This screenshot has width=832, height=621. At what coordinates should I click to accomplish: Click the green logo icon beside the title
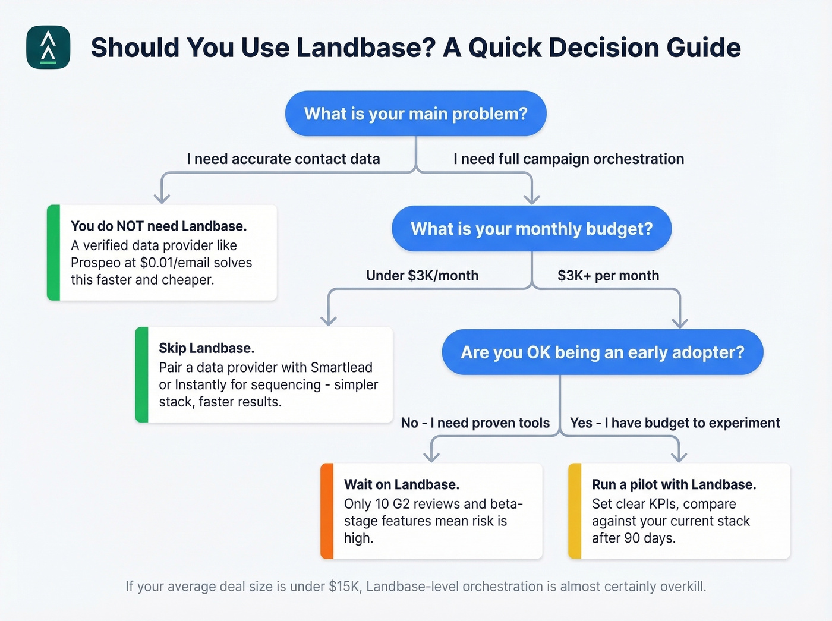pos(48,48)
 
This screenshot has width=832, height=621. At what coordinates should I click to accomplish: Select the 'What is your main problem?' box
pos(415,114)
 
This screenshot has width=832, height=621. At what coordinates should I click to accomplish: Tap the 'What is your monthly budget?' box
pos(531,229)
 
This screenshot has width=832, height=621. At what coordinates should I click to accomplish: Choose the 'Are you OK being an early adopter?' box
pos(602,352)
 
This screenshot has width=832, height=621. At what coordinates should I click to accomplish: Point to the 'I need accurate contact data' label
pos(283,159)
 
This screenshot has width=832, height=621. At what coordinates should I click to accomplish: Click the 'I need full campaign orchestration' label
pos(569,159)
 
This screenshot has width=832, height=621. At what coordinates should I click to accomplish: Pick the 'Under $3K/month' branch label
pos(422,276)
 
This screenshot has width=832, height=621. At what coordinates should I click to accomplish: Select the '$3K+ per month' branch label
pos(608,276)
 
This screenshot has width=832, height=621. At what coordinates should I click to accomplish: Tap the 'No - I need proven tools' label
pos(475,423)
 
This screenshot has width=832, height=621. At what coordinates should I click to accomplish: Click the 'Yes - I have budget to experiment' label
pos(675,423)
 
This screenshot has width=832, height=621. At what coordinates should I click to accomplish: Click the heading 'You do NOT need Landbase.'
pos(159,226)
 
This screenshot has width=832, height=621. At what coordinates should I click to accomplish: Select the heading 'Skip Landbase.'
pos(206,348)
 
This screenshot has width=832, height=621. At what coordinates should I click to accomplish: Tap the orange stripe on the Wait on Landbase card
pos(326,511)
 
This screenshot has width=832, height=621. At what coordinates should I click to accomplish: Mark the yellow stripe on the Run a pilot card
pos(574,511)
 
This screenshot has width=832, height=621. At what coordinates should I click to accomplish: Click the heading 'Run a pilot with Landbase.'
pos(674,485)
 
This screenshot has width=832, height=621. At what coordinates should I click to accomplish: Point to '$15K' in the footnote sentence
pos(345,587)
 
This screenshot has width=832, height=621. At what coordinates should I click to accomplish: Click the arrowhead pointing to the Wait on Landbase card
pos(431,456)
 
